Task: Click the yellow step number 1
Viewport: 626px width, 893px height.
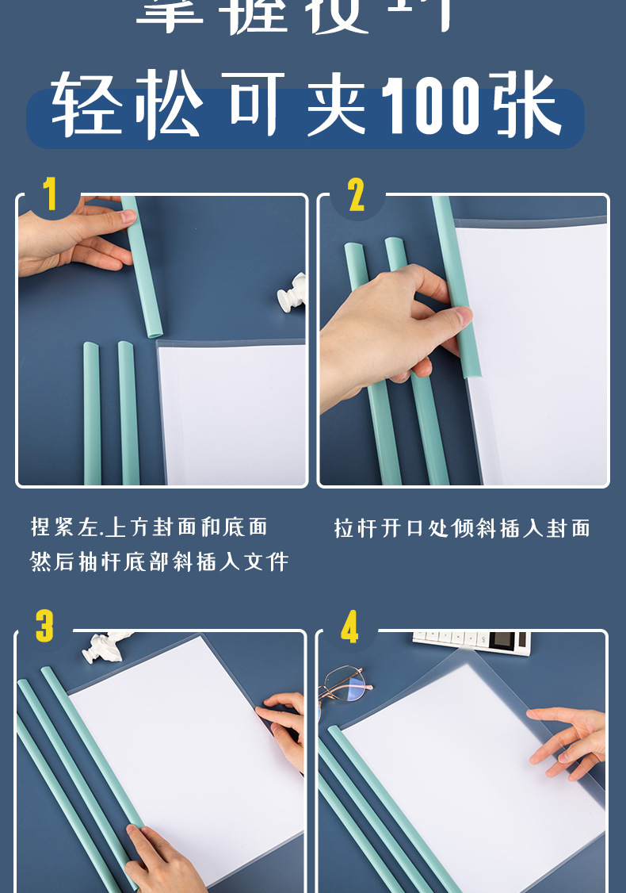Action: (50, 194)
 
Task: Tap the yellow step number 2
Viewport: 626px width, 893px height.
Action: (356, 195)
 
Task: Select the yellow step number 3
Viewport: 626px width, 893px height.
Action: (44, 627)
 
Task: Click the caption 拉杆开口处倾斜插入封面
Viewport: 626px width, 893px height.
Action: (462, 528)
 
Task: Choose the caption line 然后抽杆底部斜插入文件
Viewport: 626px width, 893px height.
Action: (159, 562)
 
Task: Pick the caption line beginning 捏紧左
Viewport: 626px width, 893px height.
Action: (149, 527)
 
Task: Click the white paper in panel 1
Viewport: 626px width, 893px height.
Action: (234, 412)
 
